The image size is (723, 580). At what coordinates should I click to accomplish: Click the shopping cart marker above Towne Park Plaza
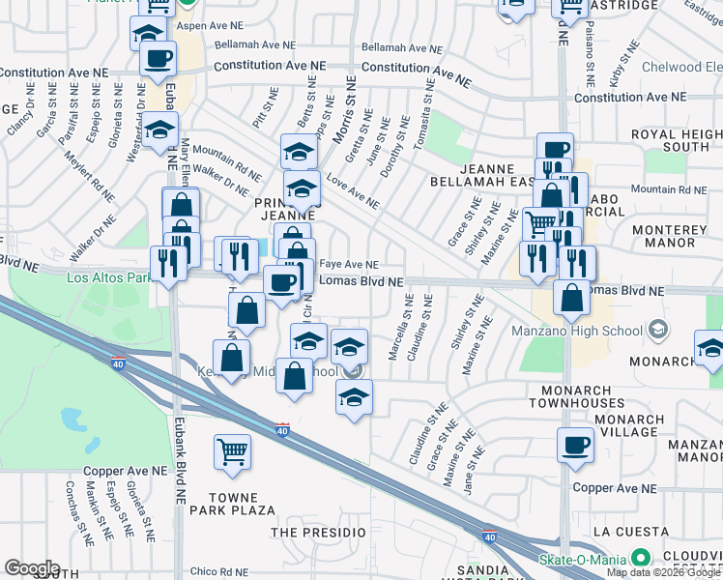coord(232,451)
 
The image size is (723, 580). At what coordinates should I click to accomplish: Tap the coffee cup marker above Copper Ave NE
coord(575,446)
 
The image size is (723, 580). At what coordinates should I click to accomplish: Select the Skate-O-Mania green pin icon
coord(638,558)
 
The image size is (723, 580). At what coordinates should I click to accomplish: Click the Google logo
coord(32,568)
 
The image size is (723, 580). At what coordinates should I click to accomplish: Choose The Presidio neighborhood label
coord(318,533)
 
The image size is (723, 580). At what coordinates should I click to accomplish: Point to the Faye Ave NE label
coord(348,264)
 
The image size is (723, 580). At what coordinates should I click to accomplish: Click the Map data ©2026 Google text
coord(663,572)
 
